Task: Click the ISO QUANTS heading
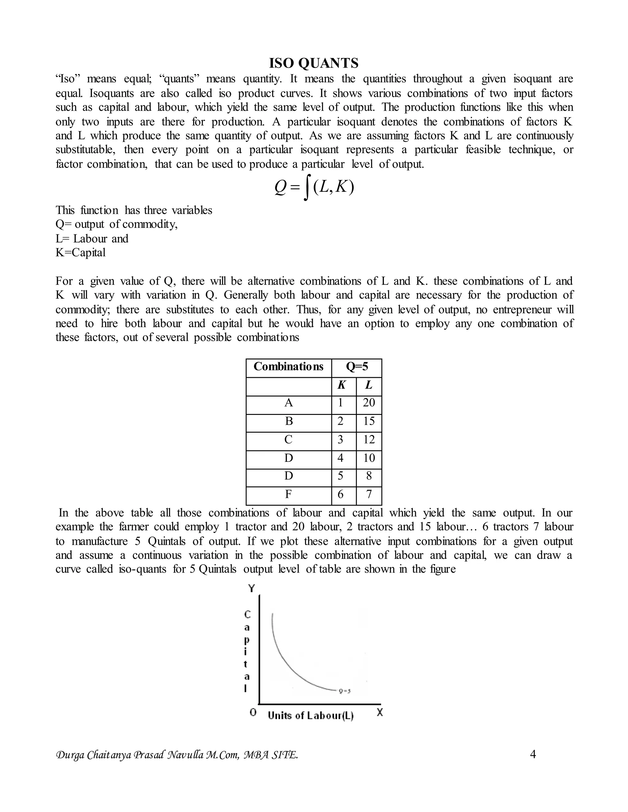314,63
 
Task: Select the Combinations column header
288,367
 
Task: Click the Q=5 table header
357,367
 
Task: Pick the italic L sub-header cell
368,385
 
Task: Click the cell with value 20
369,403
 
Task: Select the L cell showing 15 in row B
369,421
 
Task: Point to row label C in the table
288,440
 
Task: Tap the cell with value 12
369,440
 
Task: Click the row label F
288,495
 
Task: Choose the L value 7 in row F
369,495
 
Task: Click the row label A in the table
288,403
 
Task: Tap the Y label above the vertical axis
252,589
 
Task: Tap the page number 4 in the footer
532,755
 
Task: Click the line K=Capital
81,253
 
